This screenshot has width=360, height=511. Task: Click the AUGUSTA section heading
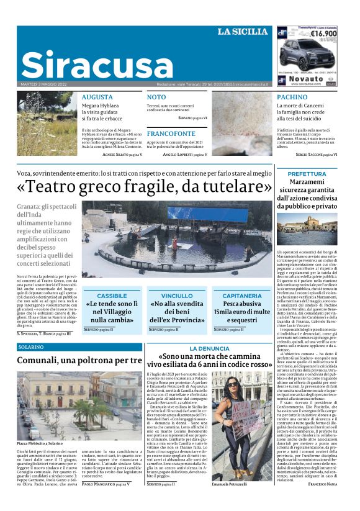97,97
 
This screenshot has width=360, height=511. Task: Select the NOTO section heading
156,97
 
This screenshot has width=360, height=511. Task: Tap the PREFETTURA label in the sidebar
307,174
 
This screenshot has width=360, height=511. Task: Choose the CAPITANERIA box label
241,296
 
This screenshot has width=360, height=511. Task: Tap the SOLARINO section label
30,346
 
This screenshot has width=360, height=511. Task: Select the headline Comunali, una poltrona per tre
79,361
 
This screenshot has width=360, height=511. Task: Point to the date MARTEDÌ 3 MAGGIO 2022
43,83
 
